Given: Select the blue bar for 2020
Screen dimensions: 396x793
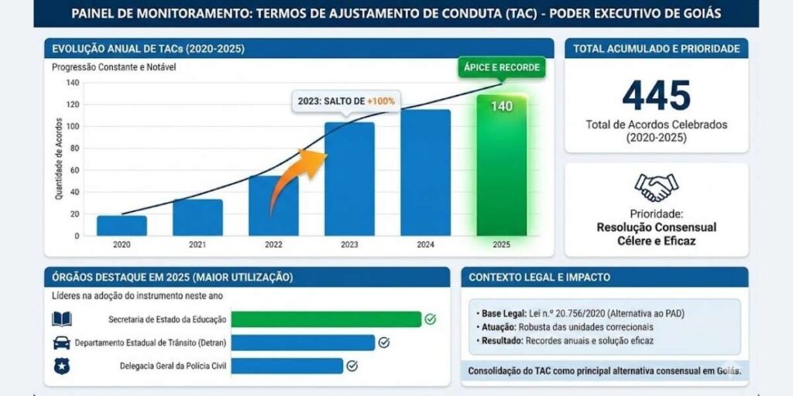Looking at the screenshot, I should [122, 226].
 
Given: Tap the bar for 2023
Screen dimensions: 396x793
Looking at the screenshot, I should [349, 179].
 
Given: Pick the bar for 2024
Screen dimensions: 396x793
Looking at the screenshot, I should [425, 172].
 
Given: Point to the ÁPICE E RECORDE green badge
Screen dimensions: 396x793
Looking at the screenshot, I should [501, 67].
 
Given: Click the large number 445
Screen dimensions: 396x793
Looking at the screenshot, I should [656, 96].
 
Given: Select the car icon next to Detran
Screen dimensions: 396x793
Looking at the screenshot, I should [61, 343].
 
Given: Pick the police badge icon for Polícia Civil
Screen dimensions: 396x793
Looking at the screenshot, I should [61, 366].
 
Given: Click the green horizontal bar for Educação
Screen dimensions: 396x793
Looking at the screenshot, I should [325, 319].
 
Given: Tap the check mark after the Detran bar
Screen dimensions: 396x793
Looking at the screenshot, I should [383, 342].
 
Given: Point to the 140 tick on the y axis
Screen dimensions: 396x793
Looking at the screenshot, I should [73, 82].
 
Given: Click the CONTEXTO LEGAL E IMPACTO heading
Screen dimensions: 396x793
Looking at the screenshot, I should [540, 277].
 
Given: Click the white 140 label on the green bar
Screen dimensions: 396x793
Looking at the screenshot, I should [501, 106].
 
